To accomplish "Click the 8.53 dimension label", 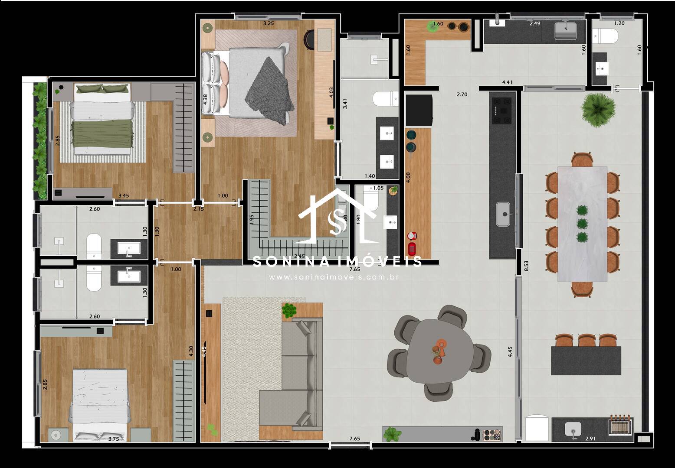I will point(526,265).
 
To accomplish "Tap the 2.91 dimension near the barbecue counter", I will point(590,439).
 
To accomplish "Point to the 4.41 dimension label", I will point(507,82).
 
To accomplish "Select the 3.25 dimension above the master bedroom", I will point(269,23).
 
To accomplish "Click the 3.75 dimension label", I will point(114,439).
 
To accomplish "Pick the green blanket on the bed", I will point(102,133).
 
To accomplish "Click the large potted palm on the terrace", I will point(599,108).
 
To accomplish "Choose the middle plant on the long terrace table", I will point(581,224).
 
